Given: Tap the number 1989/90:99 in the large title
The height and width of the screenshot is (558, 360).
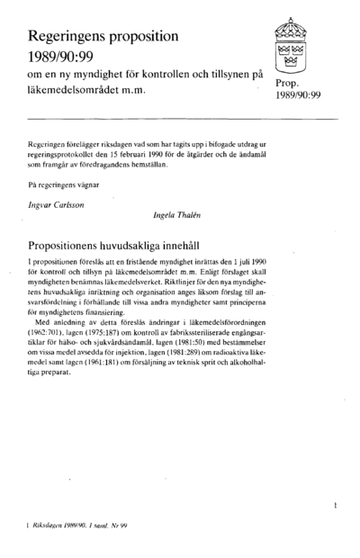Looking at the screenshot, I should pyautogui.click(x=64, y=55).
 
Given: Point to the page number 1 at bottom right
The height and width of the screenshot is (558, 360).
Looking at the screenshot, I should pyautogui.click(x=335, y=508).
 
